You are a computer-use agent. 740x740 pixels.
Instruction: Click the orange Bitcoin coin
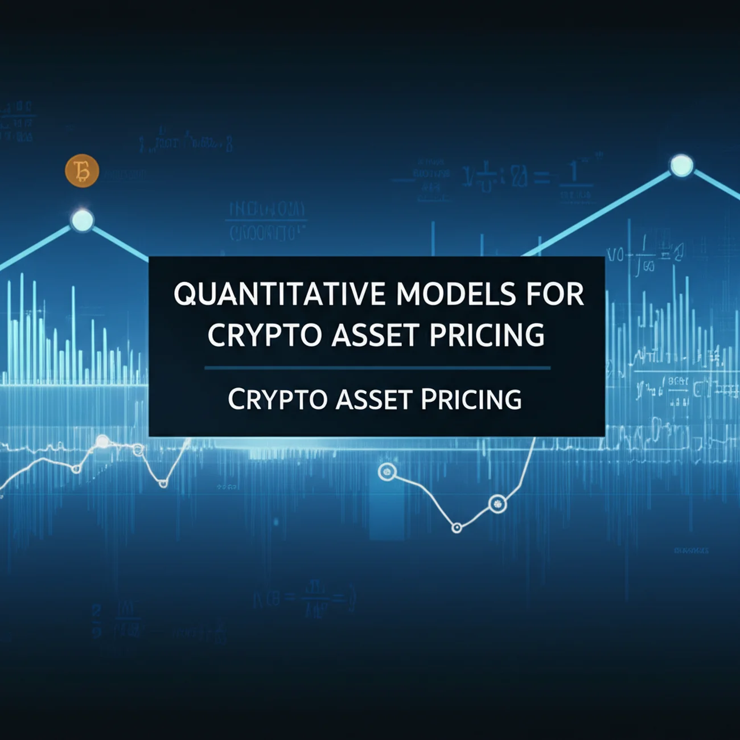pos(82,171)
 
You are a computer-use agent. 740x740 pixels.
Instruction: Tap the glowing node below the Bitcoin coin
pos(82,220)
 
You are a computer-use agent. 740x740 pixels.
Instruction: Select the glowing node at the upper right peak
pos(681,166)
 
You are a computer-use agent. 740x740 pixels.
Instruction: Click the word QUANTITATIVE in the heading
pos(279,295)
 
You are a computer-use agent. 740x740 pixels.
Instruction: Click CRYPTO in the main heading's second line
pos(265,335)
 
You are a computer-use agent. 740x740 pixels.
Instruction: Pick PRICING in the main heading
pos(487,335)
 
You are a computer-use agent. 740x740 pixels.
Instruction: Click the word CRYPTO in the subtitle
pos(277,399)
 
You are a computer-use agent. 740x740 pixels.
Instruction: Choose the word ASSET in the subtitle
pos(373,399)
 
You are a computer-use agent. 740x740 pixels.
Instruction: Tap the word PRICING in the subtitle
pos(471,399)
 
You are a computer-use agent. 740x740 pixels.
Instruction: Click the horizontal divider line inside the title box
pos(377,368)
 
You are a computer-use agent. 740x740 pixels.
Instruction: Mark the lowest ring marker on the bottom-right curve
pos(457,528)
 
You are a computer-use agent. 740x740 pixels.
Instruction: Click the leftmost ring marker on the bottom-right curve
pos(387,471)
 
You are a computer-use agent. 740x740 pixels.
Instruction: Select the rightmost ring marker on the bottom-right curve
pos(497,503)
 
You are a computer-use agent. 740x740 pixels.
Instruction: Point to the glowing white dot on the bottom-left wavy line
pos(102,441)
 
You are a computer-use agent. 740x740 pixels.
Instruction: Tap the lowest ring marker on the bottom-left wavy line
pos(163,483)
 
